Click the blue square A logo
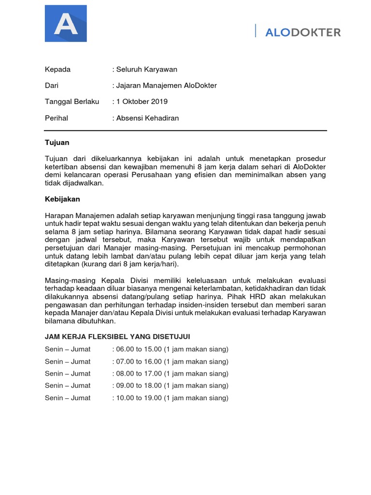(x=66, y=23)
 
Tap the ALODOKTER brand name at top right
(x=303, y=32)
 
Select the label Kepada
(x=57, y=69)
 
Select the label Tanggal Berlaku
(x=72, y=102)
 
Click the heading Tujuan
(x=57, y=143)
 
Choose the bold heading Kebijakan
(x=62, y=199)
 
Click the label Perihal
(x=57, y=118)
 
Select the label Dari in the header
(x=52, y=86)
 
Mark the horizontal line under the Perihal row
(x=185, y=131)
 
